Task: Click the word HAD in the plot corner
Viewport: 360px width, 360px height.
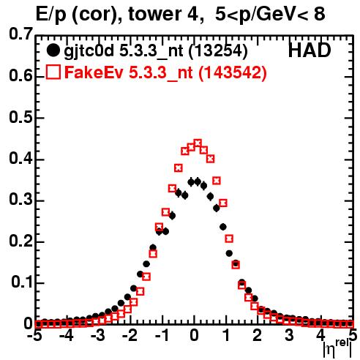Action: (x=310, y=50)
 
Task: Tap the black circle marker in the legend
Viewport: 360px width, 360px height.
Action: (x=53, y=50)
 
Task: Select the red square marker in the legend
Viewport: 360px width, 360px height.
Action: (x=53, y=72)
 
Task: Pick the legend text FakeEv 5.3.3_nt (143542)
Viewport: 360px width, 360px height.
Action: (x=166, y=72)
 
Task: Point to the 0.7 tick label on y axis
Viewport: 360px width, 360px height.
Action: (x=20, y=34)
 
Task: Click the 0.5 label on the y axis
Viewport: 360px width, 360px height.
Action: (x=20, y=118)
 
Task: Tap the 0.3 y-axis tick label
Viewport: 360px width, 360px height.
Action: (x=20, y=200)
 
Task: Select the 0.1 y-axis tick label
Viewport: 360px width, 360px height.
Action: (x=21, y=282)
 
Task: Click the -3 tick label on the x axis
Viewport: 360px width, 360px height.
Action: (x=98, y=336)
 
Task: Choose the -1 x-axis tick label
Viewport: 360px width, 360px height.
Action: (x=162, y=336)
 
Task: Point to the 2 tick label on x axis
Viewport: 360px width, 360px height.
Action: (x=257, y=336)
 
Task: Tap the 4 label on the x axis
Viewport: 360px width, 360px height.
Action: (x=320, y=336)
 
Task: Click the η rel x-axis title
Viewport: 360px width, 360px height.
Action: (x=337, y=349)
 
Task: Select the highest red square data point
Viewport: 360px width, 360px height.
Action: (x=198, y=143)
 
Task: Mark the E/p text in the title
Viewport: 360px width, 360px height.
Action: (x=50, y=15)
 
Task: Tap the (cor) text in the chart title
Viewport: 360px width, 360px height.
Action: (x=97, y=15)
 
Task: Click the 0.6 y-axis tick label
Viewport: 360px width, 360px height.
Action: (x=20, y=76)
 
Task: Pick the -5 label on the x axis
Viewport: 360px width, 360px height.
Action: (x=35, y=336)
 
